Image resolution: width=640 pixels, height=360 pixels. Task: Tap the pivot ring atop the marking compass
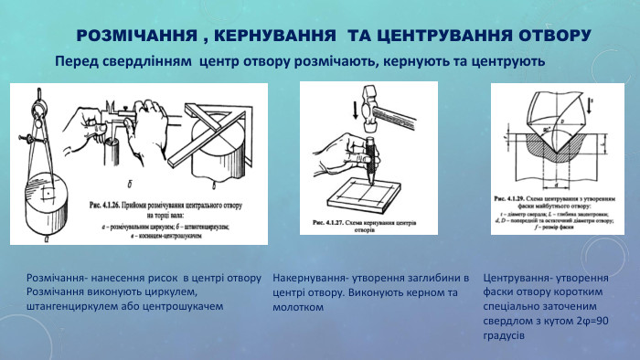tap(37, 91)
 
